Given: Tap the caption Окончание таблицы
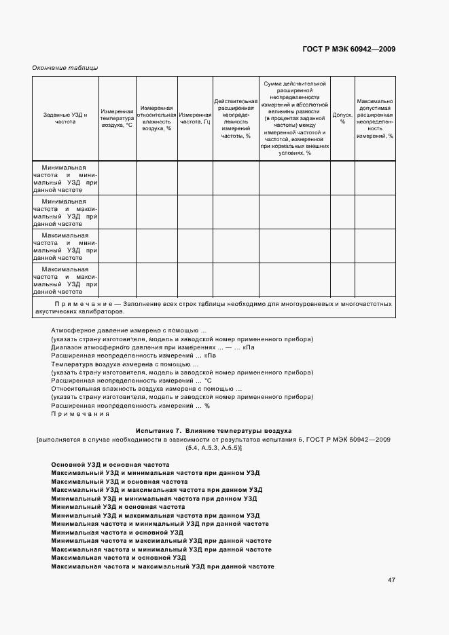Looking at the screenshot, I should [65, 68].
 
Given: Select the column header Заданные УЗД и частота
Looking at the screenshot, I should [65, 119].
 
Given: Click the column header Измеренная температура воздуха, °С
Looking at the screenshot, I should [117, 119].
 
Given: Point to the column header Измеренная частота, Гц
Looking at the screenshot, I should [196, 119].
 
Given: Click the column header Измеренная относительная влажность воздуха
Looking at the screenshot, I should [156, 119].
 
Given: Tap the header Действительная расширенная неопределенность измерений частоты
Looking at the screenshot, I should [235, 119].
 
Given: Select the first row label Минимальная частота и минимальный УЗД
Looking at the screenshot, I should [65, 178].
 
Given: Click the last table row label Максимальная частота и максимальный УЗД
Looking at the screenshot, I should [65, 281].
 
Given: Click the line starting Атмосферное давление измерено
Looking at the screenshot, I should [128, 330].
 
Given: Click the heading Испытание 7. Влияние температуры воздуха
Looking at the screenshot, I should [214, 430].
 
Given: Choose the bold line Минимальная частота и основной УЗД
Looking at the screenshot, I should [117, 533].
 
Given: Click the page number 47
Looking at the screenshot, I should [392, 580].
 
